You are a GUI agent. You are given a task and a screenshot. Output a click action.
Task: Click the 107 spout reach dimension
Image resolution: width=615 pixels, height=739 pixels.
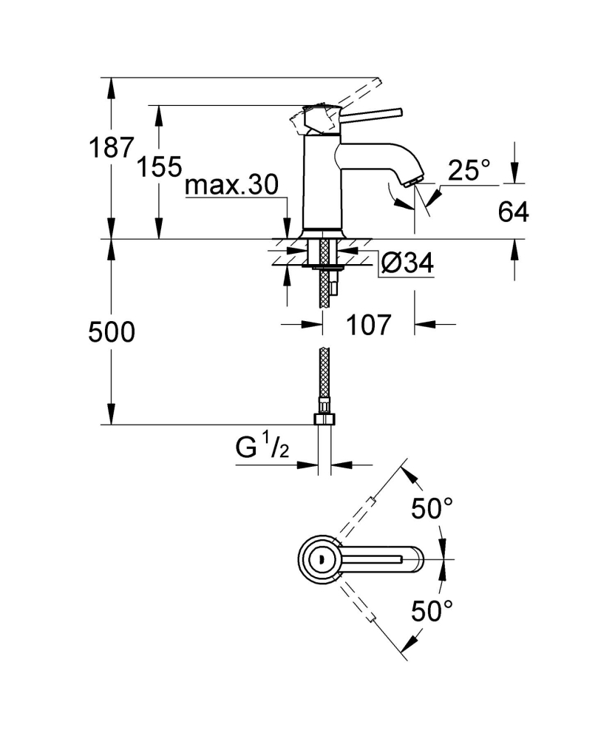coord(368,324)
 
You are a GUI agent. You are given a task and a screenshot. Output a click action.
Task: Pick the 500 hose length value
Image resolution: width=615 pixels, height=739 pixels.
coord(112,332)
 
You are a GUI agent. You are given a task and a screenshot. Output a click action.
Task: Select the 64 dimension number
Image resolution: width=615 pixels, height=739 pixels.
coord(513,212)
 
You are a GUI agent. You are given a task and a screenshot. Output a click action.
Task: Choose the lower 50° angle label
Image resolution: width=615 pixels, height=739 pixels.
coord(431,612)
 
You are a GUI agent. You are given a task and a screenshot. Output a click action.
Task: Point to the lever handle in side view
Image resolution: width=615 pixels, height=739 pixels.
coord(370,114)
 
